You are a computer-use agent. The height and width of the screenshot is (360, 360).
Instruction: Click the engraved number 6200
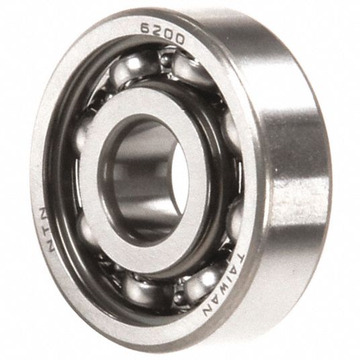162,34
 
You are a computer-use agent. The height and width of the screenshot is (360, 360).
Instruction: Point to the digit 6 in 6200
146,28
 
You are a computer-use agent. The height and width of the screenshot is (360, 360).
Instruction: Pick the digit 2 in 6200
157,31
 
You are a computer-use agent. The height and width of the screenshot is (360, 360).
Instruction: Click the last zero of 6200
179,39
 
